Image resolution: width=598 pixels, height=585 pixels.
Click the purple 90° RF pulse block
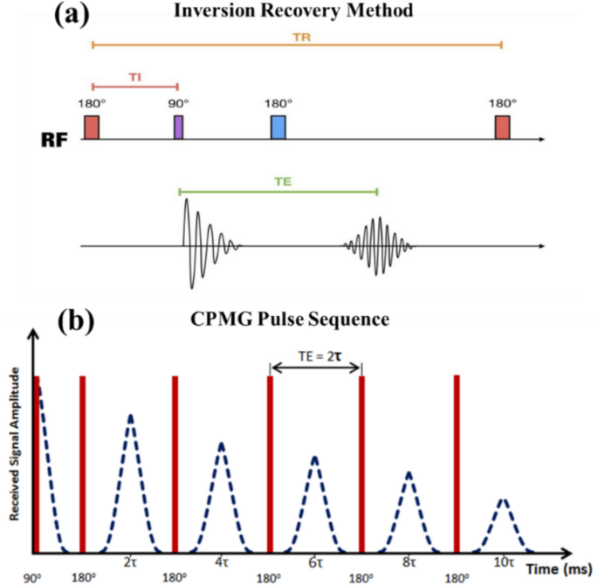pyautogui.click(x=178, y=127)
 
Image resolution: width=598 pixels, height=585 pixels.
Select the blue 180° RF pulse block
pyautogui.click(x=278, y=127)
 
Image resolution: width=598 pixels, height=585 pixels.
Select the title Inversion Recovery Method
pyautogui.click(x=295, y=11)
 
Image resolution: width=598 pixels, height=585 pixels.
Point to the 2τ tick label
pyautogui.click(x=130, y=564)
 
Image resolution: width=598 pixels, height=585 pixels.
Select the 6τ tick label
pyautogui.click(x=315, y=564)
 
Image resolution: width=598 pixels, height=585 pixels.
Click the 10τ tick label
pyautogui.click(x=501, y=564)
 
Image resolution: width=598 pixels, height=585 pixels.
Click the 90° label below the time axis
pyautogui.click(x=33, y=577)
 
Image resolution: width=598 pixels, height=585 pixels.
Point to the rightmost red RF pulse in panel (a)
pyautogui.click(x=502, y=127)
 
